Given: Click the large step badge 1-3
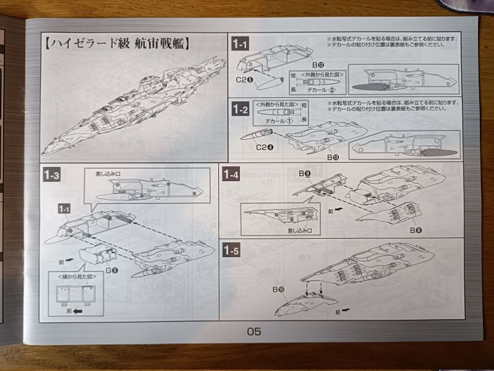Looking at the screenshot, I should (x=52, y=176).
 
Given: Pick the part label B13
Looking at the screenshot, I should (x=332, y=157).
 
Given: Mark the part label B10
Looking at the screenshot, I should (x=278, y=288).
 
